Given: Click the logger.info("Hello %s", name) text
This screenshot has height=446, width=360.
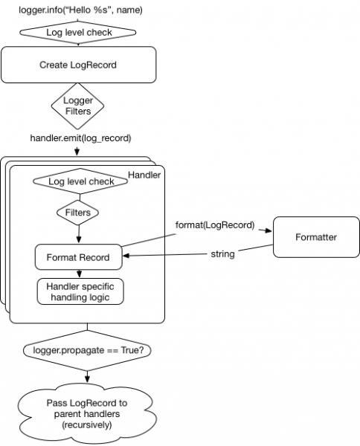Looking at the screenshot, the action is [x=80, y=10].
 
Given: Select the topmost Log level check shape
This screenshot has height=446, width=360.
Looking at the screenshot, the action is [x=77, y=33].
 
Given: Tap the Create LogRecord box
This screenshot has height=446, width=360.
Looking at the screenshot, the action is [x=79, y=65].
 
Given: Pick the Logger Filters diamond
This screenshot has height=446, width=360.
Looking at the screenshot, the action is [x=77, y=106].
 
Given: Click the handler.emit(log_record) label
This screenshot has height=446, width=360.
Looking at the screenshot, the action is [x=80, y=138].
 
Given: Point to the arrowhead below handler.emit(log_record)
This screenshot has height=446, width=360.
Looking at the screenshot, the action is [x=77, y=152].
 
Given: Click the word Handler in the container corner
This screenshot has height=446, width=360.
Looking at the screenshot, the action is [x=144, y=175].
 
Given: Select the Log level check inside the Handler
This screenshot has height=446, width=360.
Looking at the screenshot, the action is [x=80, y=181].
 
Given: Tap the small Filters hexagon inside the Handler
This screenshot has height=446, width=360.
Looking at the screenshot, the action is [x=77, y=213].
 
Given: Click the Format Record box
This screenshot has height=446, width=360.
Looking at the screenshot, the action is [x=79, y=257].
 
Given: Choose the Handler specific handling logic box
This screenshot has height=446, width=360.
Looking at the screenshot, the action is [x=80, y=291].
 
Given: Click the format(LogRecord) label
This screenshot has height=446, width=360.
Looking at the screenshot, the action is [x=215, y=225].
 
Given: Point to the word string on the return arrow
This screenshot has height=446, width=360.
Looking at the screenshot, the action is [x=222, y=254].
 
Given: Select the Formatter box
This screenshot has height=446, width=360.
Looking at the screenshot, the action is [x=316, y=237].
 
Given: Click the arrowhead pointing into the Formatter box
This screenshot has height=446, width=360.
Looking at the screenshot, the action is [x=269, y=230].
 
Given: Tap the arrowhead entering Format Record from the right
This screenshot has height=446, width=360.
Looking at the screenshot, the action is [x=126, y=256].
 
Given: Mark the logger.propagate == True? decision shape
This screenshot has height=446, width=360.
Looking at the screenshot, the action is [x=87, y=350].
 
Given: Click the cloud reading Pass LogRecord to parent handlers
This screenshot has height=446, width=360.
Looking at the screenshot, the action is [x=87, y=413].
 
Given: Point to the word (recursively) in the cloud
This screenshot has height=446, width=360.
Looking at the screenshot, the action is [x=87, y=425].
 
